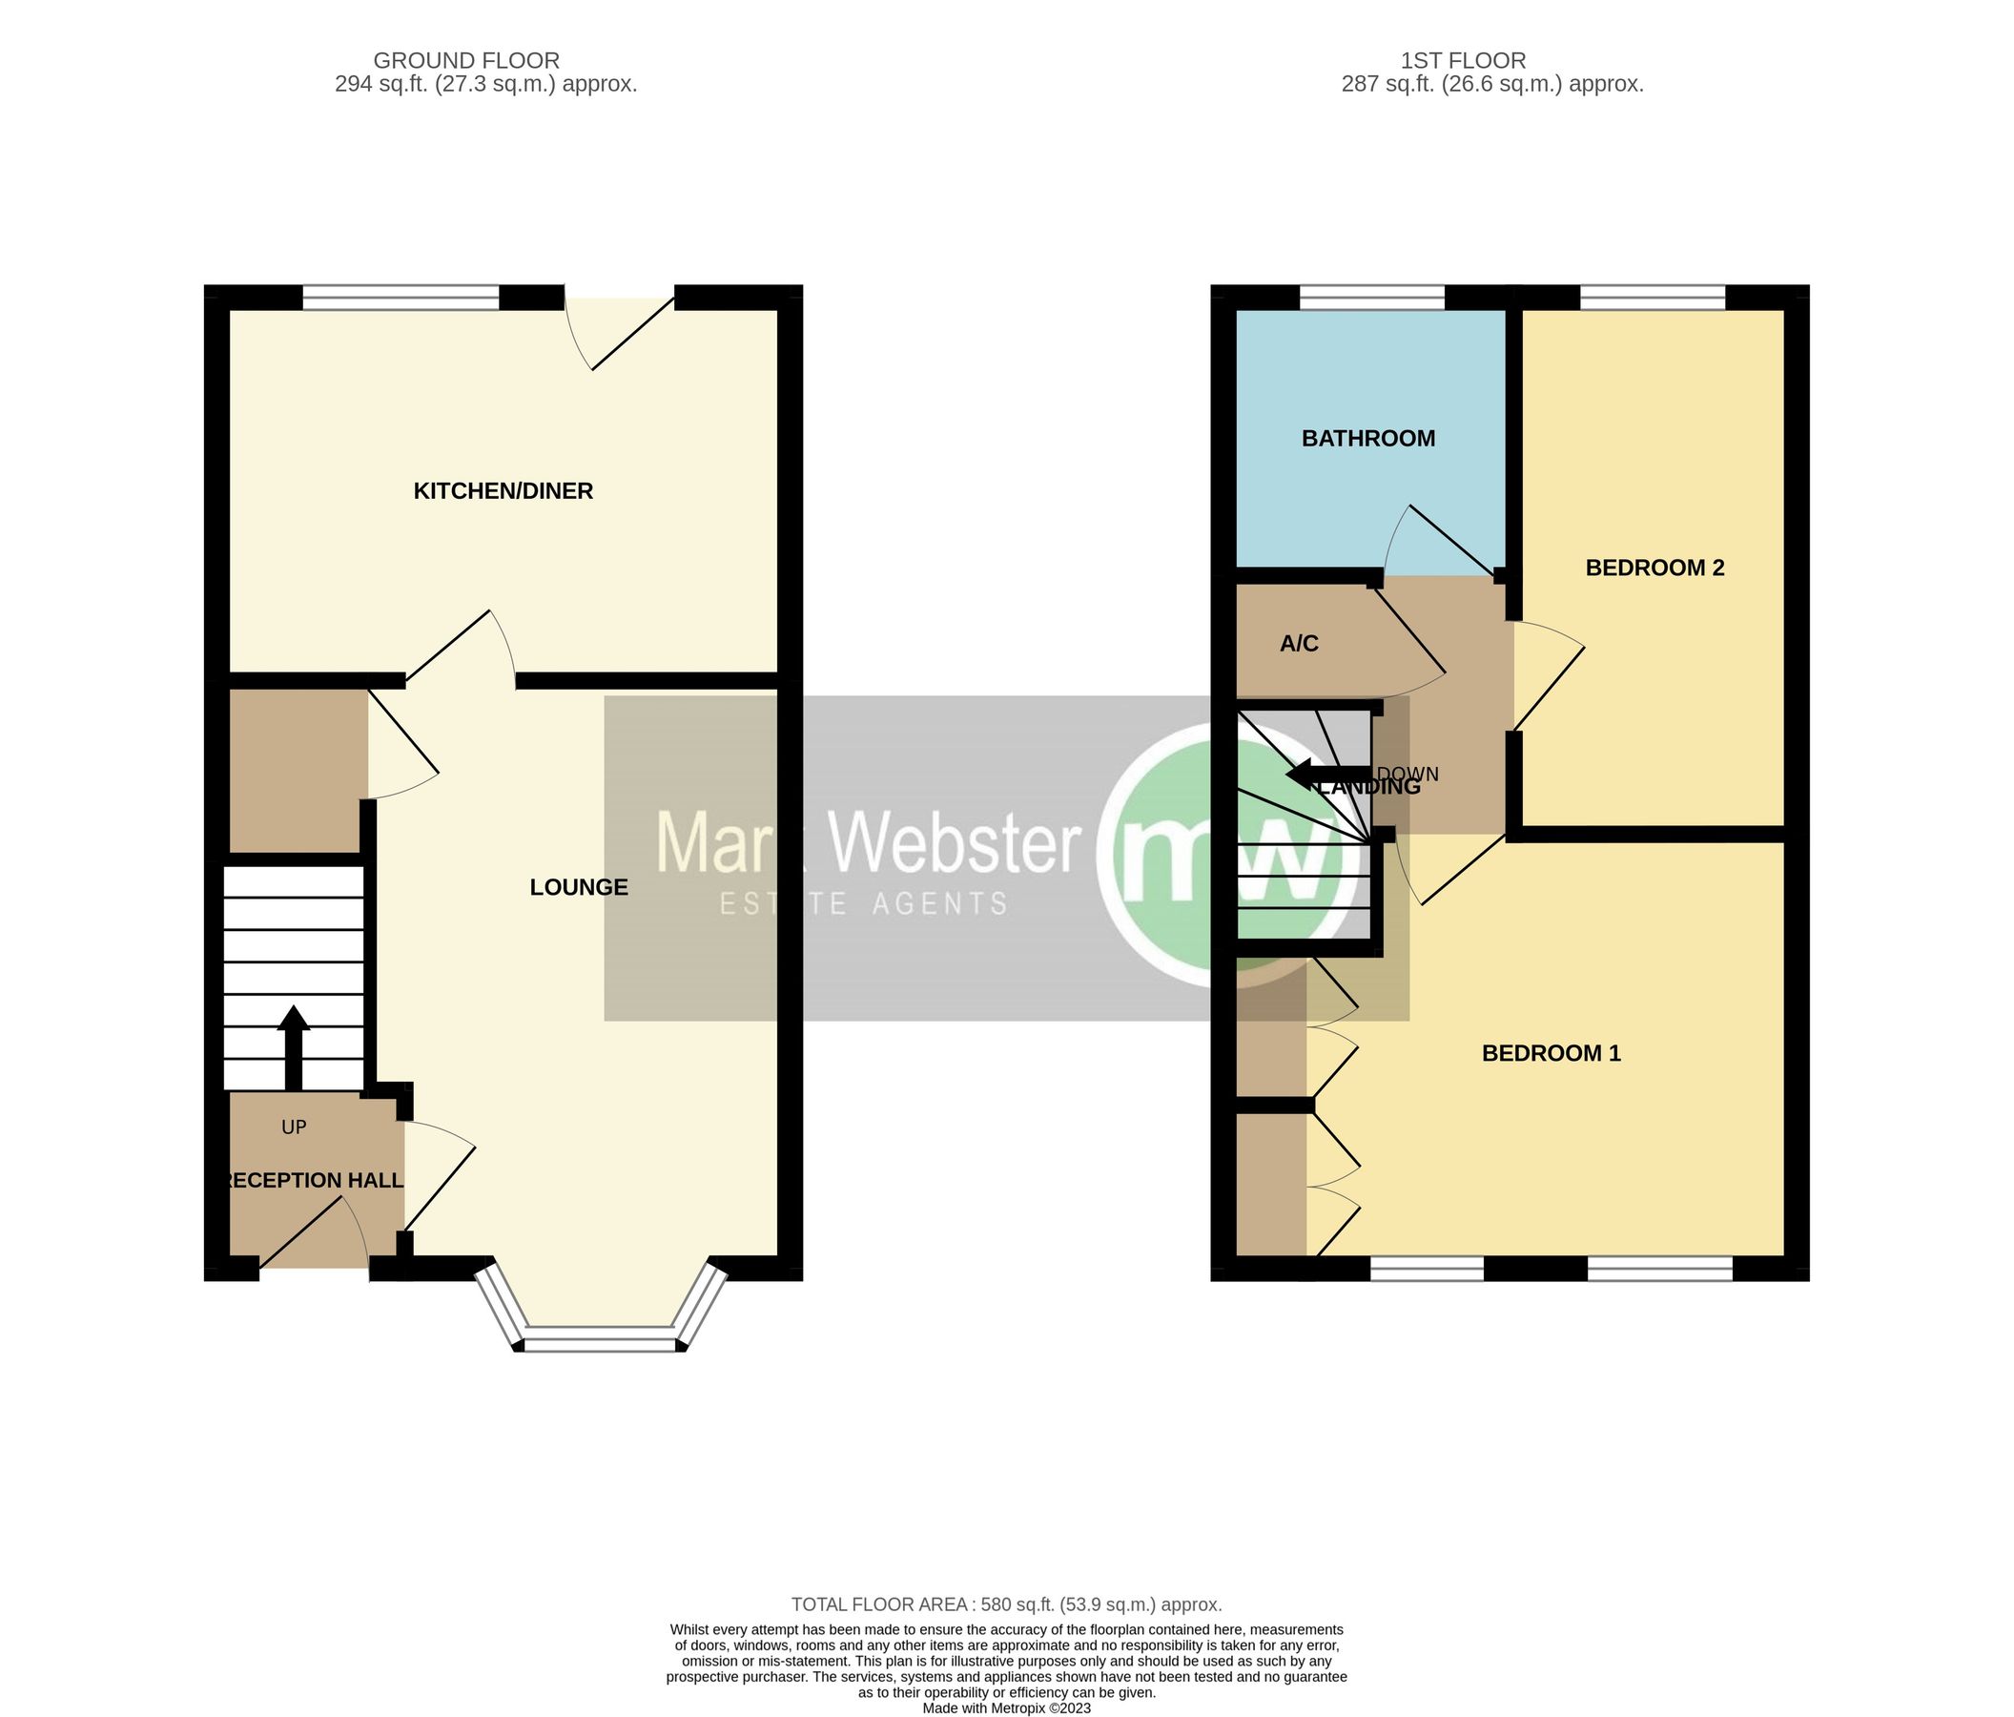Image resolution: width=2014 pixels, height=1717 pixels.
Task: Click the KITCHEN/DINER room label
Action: click(x=503, y=491)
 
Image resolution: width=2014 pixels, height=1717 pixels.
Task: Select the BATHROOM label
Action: click(x=1367, y=439)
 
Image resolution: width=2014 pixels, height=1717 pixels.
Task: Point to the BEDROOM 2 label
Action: click(x=1654, y=568)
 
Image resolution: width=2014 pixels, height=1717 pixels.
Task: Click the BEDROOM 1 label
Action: click(x=1551, y=1053)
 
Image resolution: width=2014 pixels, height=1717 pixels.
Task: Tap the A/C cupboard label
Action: click(x=1299, y=644)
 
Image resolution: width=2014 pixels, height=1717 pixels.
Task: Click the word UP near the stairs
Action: click(x=294, y=1127)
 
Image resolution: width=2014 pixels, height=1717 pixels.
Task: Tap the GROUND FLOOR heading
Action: click(x=465, y=61)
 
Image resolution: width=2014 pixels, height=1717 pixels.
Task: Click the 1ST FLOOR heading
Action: click(x=1463, y=61)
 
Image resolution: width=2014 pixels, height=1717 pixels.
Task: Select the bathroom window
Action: click(x=1371, y=297)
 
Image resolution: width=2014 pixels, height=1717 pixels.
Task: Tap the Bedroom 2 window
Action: click(x=1653, y=297)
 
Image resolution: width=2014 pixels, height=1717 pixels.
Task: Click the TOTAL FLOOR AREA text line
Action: click(x=1006, y=1604)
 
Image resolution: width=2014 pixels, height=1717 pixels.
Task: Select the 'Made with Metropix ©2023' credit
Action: click(x=1006, y=1707)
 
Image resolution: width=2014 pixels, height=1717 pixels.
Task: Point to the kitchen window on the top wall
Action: click(x=401, y=297)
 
